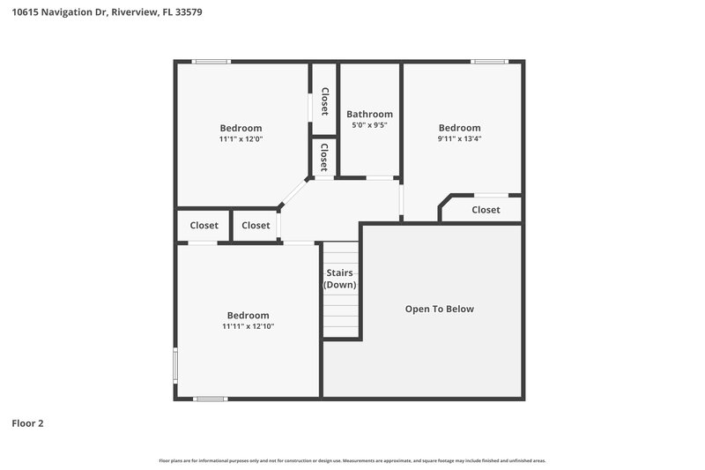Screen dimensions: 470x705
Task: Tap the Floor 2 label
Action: pos(27,423)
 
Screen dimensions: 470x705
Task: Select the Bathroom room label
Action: pos(369,114)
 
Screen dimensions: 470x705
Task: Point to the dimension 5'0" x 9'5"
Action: pos(369,125)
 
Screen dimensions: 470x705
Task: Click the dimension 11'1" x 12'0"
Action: pos(241,139)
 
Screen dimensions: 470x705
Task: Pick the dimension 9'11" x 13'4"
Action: pos(459,138)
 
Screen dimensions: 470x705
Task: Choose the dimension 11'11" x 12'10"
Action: pos(248,326)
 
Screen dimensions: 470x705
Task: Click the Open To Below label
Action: pos(439,309)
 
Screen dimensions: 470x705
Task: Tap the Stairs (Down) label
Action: pos(340,279)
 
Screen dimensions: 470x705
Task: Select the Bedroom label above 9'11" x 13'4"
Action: pos(459,128)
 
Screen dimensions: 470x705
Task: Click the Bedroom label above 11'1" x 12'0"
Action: pos(241,128)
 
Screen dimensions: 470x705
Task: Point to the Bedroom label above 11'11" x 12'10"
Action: pos(248,316)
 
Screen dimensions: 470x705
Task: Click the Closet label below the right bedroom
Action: pos(486,210)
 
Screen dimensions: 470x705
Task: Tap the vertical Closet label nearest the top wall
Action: pos(324,101)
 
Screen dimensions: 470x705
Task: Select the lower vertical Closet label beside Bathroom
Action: pos(324,157)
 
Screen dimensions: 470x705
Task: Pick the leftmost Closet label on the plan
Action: pos(204,226)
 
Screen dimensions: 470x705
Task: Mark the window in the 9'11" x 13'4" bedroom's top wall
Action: pos(489,62)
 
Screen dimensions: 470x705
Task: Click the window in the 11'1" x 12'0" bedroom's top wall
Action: pos(211,62)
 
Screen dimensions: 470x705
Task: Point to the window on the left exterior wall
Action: pos(175,364)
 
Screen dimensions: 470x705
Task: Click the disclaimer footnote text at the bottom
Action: pos(352,461)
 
